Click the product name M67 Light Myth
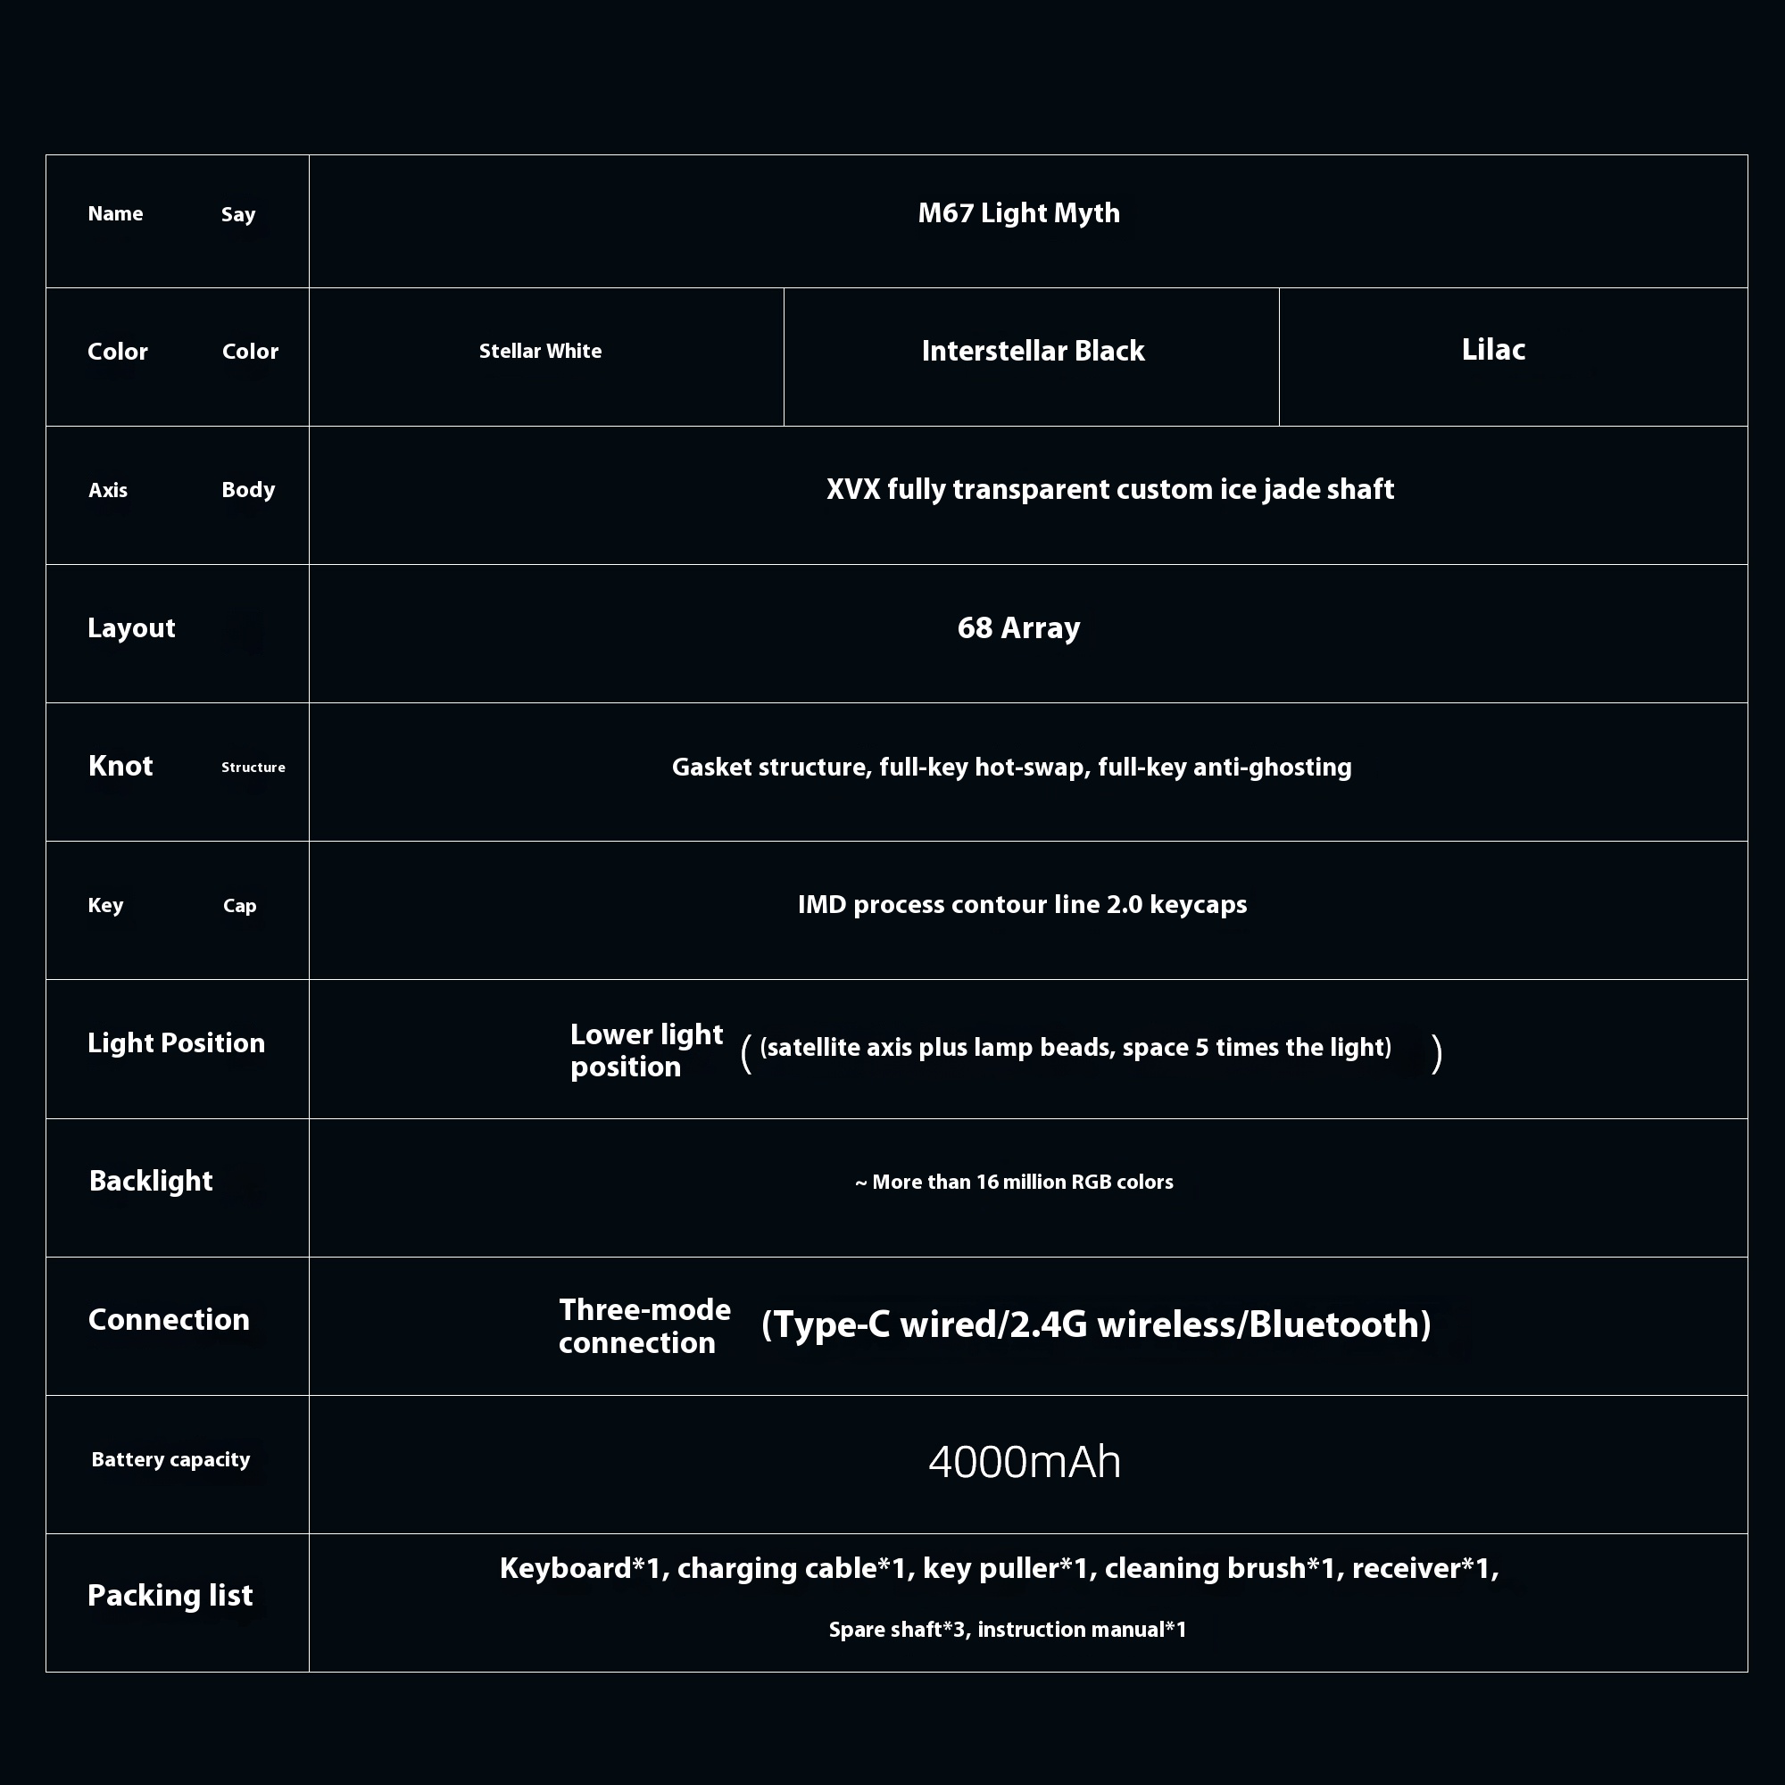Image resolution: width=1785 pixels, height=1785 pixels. point(1018,213)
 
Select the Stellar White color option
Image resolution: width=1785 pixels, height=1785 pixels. point(540,351)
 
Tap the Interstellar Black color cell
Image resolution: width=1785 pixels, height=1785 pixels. point(1032,351)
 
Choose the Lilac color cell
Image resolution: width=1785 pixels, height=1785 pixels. point(1493,349)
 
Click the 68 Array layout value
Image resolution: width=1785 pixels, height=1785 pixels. point(1018,628)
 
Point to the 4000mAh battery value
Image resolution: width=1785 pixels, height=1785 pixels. point(1024,1462)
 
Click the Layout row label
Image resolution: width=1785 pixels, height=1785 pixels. point(131,628)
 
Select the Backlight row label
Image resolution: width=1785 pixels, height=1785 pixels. point(151,1181)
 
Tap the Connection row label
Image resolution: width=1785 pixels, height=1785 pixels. point(168,1319)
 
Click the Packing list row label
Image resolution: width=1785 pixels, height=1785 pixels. point(170,1595)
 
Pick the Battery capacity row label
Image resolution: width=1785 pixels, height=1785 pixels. point(170,1460)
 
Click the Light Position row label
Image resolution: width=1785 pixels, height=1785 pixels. point(176,1043)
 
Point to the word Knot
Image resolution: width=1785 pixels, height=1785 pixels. point(120,766)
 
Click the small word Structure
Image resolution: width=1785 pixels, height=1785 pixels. point(253,767)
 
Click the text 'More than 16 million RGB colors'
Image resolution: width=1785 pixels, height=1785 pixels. point(1022,1182)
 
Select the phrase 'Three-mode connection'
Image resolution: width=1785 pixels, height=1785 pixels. point(644,1326)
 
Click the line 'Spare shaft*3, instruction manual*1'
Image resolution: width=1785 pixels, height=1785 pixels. point(1007,1629)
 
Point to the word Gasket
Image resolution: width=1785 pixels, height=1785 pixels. point(711,767)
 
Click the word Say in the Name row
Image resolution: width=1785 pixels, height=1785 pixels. point(237,214)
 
